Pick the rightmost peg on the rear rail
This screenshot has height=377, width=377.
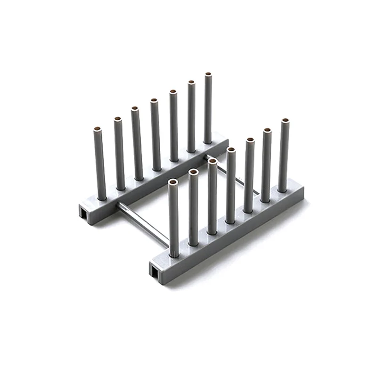208,108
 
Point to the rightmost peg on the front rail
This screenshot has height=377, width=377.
284,156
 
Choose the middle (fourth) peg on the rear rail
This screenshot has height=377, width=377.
155,134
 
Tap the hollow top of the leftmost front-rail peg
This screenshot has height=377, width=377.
173,181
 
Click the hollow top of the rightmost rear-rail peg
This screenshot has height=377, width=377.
208,74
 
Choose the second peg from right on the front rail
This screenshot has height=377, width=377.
267,165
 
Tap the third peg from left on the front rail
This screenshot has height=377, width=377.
212,196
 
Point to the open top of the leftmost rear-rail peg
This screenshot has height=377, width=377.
98,128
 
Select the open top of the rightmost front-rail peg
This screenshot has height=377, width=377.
285,121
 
